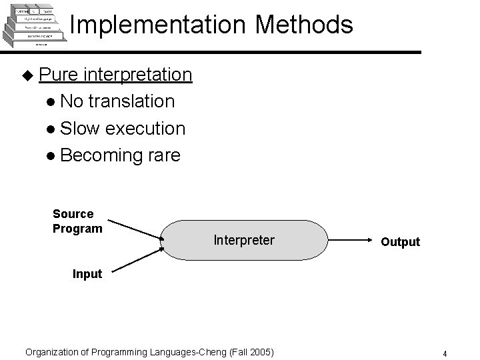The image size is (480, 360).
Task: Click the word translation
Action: click(131, 101)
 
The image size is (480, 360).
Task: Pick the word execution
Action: click(146, 128)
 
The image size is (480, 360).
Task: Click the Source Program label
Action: click(77, 221)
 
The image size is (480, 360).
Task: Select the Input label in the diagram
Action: click(87, 274)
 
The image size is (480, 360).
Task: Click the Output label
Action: click(400, 242)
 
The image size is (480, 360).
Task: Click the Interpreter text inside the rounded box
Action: click(244, 240)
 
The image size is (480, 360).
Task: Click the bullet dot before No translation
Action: click(51, 102)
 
